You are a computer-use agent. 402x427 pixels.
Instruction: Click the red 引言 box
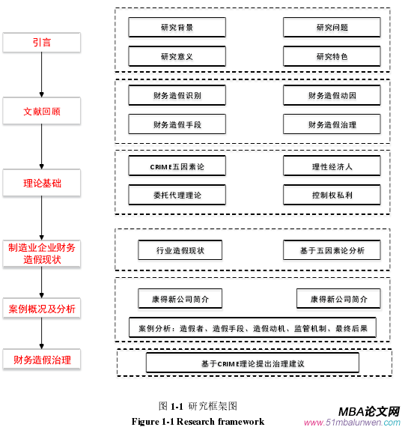pyautogui.click(x=42, y=43)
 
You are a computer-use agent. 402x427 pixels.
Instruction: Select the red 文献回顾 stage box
pyautogui.click(x=42, y=112)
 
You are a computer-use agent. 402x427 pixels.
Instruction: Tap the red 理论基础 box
pyautogui.click(x=42, y=181)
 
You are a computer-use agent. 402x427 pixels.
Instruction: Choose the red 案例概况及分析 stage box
pyautogui.click(x=42, y=309)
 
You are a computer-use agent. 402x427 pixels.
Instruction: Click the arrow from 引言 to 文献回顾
pyautogui.click(x=42, y=76)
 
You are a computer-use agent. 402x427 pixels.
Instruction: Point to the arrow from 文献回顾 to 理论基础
pyautogui.click(x=42, y=146)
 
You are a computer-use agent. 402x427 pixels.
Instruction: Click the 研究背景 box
pyautogui.click(x=177, y=28)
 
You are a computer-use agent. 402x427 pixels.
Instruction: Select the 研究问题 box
pyautogui.click(x=332, y=28)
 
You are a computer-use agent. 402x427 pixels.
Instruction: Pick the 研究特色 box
pyautogui.click(x=332, y=56)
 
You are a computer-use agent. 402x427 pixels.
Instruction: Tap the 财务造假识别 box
pyautogui.click(x=177, y=96)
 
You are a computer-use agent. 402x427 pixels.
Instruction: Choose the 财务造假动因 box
pyautogui.click(x=332, y=96)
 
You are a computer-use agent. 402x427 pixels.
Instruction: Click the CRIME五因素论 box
pyautogui.click(x=177, y=166)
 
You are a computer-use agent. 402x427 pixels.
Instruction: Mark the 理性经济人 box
pyautogui.click(x=332, y=166)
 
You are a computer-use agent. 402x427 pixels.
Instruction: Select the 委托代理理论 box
pyautogui.click(x=177, y=195)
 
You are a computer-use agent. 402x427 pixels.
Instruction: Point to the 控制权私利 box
pyautogui.click(x=332, y=195)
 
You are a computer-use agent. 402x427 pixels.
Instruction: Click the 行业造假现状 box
pyautogui.click(x=180, y=250)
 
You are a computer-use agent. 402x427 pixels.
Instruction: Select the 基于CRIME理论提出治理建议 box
pyautogui.click(x=252, y=363)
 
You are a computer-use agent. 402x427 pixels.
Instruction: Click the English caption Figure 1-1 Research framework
pyautogui.click(x=198, y=421)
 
